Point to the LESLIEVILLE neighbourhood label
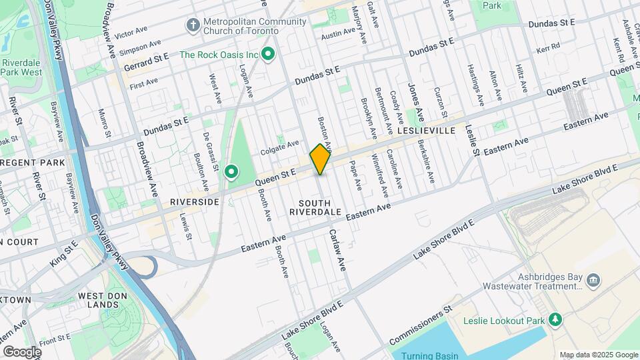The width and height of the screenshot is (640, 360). click(x=427, y=131)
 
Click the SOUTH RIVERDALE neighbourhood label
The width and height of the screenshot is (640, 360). click(x=315, y=207)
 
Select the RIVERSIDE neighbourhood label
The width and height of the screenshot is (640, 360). click(x=195, y=201)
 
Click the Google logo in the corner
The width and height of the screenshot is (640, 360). click(x=22, y=351)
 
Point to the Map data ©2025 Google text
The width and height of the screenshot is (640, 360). click(x=597, y=355)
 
